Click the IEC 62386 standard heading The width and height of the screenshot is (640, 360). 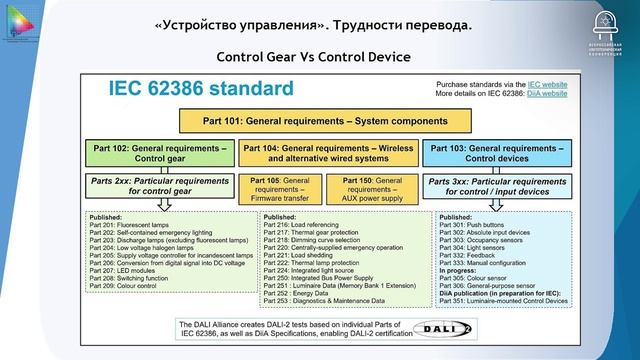click(x=201, y=89)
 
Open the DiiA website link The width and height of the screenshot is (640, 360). click(x=547, y=93)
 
